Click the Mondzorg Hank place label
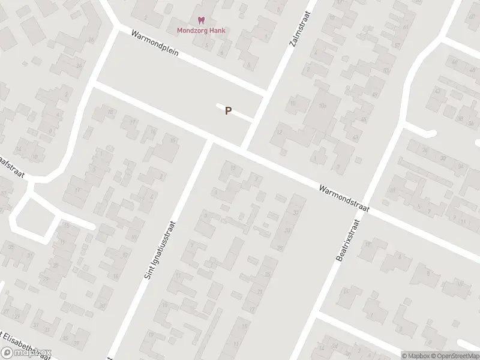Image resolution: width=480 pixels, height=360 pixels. point(201,31)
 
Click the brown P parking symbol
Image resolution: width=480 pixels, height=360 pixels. point(228,111)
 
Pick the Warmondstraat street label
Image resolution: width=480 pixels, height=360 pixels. point(344,197)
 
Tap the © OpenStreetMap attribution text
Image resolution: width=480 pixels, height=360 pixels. point(454,355)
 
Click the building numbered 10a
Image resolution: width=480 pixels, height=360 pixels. point(322,106)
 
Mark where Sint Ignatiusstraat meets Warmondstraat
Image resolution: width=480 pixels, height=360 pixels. point(209,142)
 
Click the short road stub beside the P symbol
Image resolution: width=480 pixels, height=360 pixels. point(235,112)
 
